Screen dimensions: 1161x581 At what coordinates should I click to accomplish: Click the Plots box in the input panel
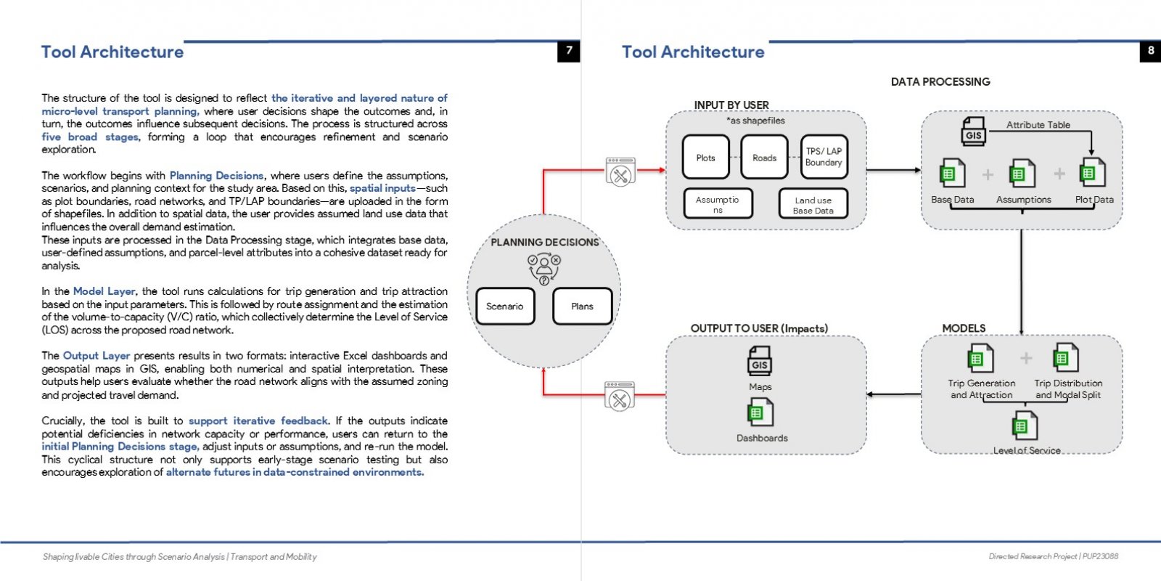(x=705, y=157)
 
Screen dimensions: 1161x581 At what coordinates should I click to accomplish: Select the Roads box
(x=765, y=157)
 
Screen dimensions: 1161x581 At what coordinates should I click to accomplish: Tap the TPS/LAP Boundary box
(x=824, y=157)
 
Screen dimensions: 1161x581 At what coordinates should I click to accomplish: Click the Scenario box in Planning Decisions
(x=505, y=306)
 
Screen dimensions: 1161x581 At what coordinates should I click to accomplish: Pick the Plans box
(x=583, y=306)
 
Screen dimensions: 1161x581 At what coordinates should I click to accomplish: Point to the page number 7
(x=569, y=51)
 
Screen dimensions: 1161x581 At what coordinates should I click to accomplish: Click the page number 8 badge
(x=1150, y=51)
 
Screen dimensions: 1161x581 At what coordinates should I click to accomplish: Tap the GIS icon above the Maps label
(x=760, y=360)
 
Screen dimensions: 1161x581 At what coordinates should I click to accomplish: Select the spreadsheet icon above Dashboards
(x=760, y=413)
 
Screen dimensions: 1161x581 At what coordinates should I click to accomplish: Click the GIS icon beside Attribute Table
(x=973, y=131)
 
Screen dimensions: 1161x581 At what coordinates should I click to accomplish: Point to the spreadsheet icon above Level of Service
(x=1025, y=426)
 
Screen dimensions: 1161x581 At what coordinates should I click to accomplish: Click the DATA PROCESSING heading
(x=940, y=82)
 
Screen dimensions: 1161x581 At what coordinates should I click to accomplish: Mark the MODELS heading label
(x=964, y=328)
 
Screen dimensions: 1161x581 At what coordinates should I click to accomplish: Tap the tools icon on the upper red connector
(x=620, y=171)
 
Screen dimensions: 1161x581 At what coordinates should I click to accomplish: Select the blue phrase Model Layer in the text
(x=104, y=291)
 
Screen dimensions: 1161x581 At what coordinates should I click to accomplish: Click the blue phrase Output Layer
(x=97, y=356)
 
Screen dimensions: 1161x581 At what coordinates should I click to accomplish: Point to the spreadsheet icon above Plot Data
(x=1092, y=172)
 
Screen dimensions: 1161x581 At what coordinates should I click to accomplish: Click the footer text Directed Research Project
(x=1033, y=556)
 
